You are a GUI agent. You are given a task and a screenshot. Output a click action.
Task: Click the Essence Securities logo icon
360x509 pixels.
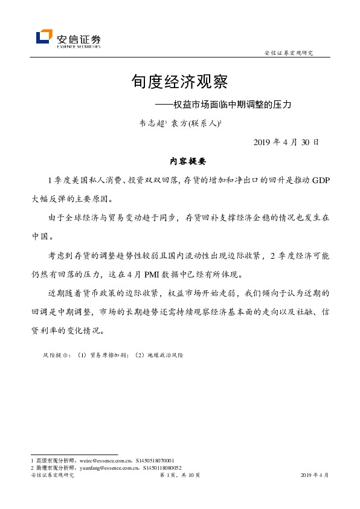point(44,37)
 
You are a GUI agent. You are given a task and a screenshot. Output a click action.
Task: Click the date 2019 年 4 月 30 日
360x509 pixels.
point(285,143)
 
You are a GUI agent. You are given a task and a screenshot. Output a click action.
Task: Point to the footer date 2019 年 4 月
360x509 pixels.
point(314,476)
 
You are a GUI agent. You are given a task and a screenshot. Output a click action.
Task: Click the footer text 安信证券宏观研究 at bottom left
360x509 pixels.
point(52,476)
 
